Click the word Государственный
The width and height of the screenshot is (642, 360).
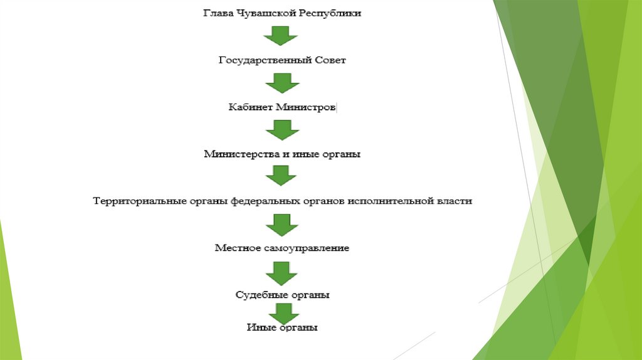[260, 60]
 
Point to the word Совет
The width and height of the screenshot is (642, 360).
[330, 60]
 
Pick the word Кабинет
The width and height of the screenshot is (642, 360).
[250, 107]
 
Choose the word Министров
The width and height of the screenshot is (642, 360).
[306, 107]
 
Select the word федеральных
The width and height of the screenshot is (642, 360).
[259, 201]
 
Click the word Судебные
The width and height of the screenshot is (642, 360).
[260, 294]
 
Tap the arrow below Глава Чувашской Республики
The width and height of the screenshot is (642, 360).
[281, 36]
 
